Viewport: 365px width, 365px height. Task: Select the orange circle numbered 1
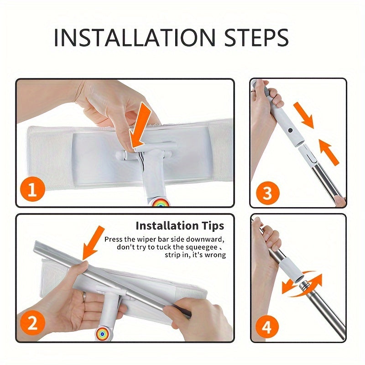coord(32,189)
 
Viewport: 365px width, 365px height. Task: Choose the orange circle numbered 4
coord(267,327)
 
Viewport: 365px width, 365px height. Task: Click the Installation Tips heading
coord(180,225)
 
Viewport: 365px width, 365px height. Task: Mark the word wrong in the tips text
coord(216,255)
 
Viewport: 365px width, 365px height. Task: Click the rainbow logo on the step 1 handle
coord(161,202)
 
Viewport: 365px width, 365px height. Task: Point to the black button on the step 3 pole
coord(290,130)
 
